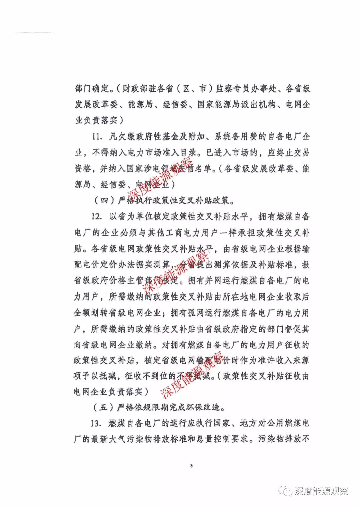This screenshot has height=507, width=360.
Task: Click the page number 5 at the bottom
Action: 191,466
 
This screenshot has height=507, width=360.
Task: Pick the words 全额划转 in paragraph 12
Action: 91,313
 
